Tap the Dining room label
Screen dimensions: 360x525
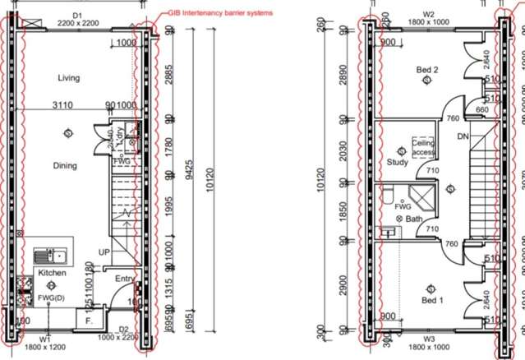[65, 166]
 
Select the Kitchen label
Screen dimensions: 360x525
[51, 272]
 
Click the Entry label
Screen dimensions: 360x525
[124, 279]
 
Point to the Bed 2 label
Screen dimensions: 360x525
[427, 71]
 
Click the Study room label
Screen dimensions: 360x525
[398, 162]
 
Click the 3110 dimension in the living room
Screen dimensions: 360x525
[62, 105]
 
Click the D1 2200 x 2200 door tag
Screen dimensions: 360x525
[78, 20]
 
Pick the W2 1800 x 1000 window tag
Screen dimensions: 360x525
[428, 19]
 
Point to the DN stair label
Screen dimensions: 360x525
[463, 137]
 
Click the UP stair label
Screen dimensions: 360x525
[104, 252]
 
